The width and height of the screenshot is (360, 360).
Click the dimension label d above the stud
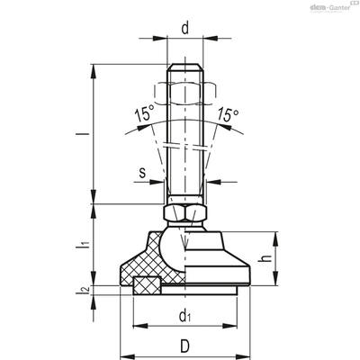(x=185, y=28)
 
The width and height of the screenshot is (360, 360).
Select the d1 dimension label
(x=185, y=316)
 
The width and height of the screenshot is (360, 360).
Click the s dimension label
(x=142, y=173)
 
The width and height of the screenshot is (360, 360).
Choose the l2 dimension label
(x=85, y=291)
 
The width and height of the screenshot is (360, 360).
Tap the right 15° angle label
(x=228, y=114)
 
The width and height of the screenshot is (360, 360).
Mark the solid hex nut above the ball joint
(x=185, y=212)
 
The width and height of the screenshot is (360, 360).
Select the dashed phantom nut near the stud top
(x=185, y=94)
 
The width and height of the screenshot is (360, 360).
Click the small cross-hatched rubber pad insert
(x=147, y=285)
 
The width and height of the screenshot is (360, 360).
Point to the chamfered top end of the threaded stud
(x=185, y=67)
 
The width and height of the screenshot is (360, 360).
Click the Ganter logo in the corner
(x=332, y=7)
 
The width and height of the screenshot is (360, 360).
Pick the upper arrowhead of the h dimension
(x=274, y=238)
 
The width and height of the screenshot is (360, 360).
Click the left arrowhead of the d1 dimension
(x=140, y=326)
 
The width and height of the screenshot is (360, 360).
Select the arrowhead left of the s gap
(x=157, y=182)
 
